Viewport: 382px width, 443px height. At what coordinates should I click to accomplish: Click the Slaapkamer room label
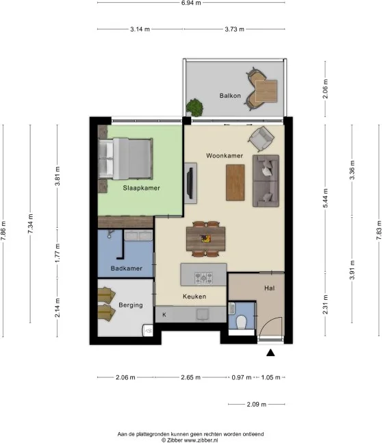tap(141, 187)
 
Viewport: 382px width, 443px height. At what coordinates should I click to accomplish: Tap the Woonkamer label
tap(225, 156)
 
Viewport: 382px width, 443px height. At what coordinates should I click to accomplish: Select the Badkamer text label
tap(126, 268)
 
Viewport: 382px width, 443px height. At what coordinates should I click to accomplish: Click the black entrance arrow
tap(270, 353)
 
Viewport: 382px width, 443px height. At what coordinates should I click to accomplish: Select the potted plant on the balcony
tap(195, 107)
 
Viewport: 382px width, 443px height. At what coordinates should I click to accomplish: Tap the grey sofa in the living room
tap(266, 181)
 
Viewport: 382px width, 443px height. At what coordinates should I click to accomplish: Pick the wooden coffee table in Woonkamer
tap(235, 184)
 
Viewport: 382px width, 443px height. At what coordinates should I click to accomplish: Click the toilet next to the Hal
tap(242, 322)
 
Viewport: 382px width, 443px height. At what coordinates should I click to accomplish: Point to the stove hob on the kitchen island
tap(203, 277)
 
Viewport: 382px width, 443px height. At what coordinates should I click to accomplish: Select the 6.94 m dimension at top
tap(191, 3)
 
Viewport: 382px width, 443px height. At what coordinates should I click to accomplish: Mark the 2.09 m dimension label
tap(256, 404)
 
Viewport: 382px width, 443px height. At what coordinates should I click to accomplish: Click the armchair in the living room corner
tap(261, 140)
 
